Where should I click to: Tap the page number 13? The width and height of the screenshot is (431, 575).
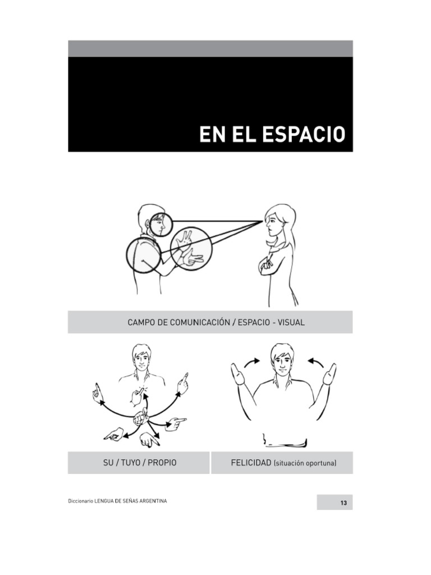[x=343, y=503]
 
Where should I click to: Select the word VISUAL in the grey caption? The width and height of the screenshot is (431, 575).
[x=290, y=322]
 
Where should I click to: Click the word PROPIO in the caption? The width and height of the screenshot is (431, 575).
[x=162, y=463]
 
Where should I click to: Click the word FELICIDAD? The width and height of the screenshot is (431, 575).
[x=251, y=463]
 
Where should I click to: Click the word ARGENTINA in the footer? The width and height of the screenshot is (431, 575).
[x=148, y=501]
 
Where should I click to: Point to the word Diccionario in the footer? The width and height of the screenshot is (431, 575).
[x=81, y=501]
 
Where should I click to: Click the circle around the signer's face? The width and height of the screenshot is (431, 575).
[x=161, y=225]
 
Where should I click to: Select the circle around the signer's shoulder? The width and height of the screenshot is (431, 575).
[x=144, y=255]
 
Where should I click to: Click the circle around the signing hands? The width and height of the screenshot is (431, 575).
[x=191, y=248]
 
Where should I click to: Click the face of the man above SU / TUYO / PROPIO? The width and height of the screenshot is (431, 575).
[x=141, y=358]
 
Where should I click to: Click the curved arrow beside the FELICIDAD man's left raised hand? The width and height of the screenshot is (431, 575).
[x=252, y=362]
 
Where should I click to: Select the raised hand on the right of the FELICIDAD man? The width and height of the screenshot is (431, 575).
[x=329, y=375]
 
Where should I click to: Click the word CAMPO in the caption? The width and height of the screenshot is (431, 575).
[x=140, y=322]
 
